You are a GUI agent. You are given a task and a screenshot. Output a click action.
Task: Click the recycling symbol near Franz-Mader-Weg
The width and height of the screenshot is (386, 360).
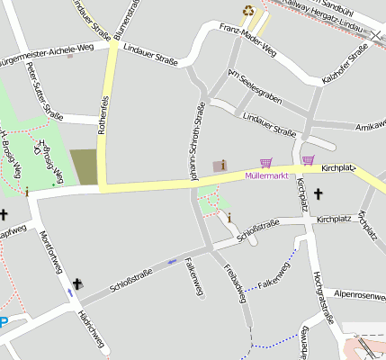coord(247,11)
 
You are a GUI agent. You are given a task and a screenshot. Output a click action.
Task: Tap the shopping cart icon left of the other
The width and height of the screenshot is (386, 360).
coord(265,163)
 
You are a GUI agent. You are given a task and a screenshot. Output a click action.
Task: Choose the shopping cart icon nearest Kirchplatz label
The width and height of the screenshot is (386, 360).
coord(309,161)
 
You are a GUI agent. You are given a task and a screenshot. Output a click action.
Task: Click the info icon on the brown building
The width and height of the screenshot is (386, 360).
coord(223,164)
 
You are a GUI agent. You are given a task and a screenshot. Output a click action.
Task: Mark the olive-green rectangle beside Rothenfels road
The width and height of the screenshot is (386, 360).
coord(84,166)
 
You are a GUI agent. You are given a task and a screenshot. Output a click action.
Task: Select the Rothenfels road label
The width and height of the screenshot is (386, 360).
coord(103,113)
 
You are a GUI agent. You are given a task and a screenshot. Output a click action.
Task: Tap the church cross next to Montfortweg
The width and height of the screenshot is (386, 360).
coord(76,284)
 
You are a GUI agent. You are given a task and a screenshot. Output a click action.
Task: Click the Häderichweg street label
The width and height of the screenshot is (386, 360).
coord(90,330)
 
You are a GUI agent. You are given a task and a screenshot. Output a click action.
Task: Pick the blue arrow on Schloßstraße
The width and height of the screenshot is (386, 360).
coord(171,262)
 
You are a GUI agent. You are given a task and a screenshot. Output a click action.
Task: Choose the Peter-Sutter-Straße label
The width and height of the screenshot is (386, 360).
coord(44,89)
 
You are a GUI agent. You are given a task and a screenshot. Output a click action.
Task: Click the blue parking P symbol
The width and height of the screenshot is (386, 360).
coord(4,323)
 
